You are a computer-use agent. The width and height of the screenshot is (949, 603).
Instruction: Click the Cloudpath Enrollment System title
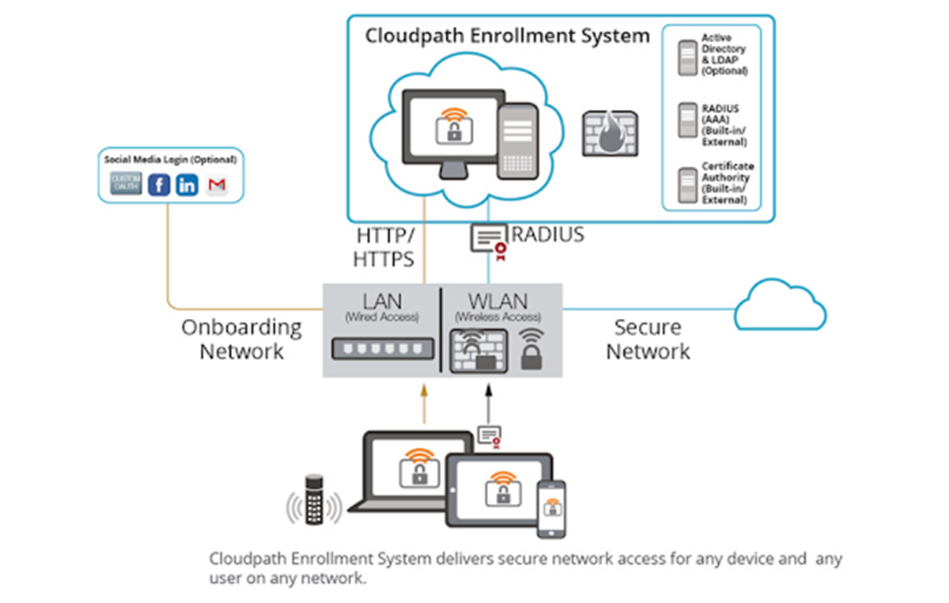click(507, 36)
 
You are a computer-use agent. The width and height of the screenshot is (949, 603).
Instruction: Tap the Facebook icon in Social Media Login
click(160, 185)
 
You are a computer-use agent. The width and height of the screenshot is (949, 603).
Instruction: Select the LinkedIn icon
click(187, 185)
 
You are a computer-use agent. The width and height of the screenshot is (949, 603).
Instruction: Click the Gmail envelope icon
click(216, 185)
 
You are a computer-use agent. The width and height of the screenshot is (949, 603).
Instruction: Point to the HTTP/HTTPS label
click(385, 247)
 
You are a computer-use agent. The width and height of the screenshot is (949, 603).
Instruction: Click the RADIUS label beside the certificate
click(548, 234)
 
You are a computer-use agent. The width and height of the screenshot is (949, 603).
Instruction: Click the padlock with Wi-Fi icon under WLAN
click(531, 350)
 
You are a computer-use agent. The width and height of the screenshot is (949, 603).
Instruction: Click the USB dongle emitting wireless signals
click(314, 499)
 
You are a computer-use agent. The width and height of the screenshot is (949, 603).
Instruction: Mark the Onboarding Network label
click(241, 339)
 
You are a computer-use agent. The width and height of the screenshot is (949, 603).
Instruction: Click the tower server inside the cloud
click(517, 141)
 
